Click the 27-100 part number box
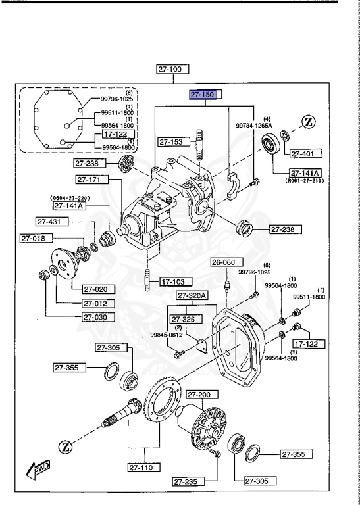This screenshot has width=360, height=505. pyautogui.click(x=172, y=68)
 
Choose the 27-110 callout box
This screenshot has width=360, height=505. pyautogui.click(x=144, y=468)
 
